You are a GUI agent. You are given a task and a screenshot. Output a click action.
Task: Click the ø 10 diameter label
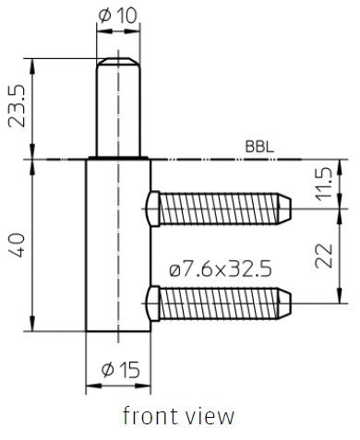tap(117, 16)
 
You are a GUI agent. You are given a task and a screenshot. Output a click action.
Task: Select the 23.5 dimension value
tap(17, 105)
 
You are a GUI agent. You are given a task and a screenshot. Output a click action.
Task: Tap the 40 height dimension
tap(17, 245)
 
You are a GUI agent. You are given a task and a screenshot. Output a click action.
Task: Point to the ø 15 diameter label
tap(120, 369)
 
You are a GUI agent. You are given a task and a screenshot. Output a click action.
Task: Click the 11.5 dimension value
tap(324, 184)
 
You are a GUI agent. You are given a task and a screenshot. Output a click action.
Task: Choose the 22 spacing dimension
tap(324, 256)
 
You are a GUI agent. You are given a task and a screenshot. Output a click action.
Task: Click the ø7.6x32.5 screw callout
tap(221, 268)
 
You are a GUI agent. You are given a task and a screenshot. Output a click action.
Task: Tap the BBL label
tap(259, 147)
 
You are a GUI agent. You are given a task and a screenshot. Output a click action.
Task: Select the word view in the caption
tap(210, 416)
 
